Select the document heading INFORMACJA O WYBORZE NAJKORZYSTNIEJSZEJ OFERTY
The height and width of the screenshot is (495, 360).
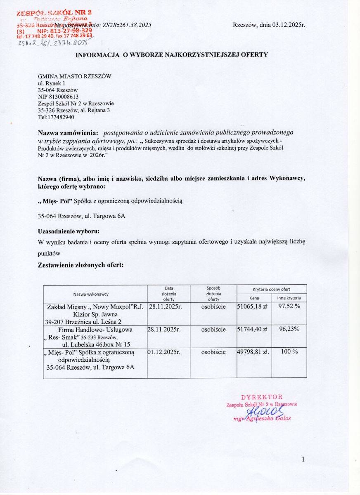coord(171,54)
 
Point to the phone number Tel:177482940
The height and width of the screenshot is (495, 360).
coord(56,117)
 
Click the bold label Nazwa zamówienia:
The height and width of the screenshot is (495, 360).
coord(68,133)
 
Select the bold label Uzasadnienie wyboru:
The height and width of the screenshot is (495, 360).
coord(69,230)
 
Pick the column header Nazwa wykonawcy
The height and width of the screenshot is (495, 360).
coord(91,294)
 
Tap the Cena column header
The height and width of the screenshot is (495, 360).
coord(255,298)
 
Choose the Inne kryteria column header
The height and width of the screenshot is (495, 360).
coord(289,298)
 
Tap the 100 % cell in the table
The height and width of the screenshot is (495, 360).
coord(289,352)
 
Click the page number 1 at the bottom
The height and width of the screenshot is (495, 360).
coord(303,459)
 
